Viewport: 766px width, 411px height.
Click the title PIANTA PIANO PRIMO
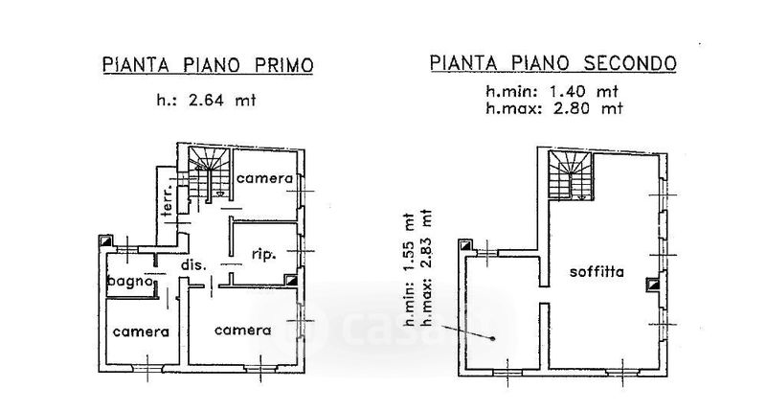208,65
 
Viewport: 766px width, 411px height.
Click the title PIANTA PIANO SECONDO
553,65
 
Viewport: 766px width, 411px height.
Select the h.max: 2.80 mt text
553,108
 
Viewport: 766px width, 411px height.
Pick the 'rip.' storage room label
264,255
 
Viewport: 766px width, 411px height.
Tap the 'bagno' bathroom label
130,282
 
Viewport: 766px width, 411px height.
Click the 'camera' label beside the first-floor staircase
264,179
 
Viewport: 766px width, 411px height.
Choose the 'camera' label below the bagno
141,331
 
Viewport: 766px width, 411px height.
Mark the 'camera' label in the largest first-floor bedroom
242,331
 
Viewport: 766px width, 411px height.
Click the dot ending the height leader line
494,338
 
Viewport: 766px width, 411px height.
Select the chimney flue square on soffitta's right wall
652,283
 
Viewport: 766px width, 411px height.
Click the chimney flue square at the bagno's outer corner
104,242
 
